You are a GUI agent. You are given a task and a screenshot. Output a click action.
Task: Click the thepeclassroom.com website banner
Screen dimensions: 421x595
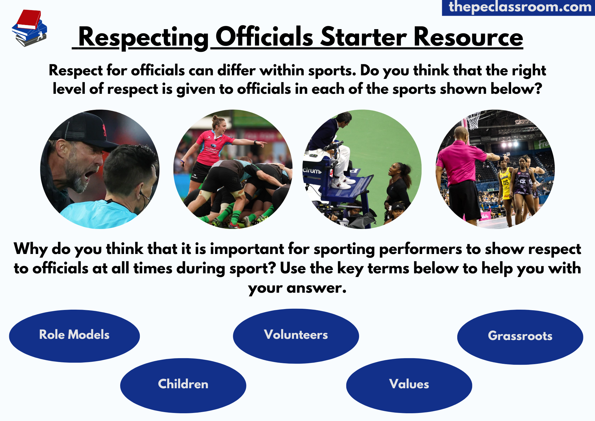pos(519,7)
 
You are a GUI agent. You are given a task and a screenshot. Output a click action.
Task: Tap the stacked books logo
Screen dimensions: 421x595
pos(29,28)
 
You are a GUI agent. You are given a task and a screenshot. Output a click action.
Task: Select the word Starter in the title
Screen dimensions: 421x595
pos(363,37)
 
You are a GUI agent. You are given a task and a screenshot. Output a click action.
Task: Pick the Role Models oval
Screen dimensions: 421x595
pos(74,336)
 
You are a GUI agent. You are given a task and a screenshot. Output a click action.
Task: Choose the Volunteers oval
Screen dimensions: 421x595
pos(296,336)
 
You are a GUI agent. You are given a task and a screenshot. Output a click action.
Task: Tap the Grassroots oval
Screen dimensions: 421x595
pos(520,336)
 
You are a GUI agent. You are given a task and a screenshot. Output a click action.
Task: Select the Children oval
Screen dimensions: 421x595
pos(183,385)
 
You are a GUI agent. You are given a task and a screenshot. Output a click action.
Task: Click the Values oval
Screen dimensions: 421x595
pos(409,385)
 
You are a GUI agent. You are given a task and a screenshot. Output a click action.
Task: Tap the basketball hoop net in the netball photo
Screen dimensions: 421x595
pos(473,121)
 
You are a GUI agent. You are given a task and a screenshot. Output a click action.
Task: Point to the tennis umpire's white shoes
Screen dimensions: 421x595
pos(342,183)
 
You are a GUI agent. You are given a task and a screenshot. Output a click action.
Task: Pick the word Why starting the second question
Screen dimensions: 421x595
pos(30,249)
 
